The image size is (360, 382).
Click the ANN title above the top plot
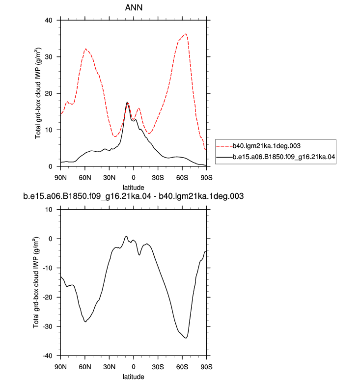134,7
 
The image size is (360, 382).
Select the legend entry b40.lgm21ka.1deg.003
266,146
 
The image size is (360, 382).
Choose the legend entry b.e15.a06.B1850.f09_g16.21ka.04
284,157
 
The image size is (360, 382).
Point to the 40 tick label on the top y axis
49,20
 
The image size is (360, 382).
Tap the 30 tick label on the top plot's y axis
49,57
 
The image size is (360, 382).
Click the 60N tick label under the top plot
85,178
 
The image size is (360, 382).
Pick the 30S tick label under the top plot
158,178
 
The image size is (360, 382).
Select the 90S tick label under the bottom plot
206,367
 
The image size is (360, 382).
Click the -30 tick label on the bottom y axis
48,327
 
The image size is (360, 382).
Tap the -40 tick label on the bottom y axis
48,355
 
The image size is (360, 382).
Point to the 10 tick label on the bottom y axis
49,210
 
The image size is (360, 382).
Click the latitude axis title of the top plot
133,188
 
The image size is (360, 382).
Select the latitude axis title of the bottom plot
133,377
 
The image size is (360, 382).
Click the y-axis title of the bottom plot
35,282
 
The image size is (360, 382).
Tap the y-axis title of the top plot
38,93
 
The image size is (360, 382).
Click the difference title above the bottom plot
133,196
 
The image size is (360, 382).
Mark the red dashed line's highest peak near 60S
186,34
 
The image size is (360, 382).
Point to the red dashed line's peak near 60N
85,49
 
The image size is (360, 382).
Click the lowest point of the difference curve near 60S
186,338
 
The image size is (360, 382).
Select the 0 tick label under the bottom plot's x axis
133,367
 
